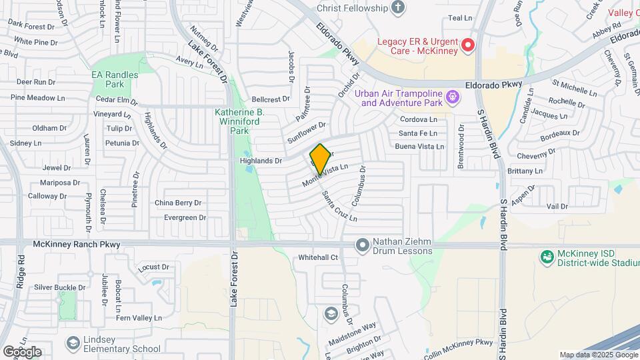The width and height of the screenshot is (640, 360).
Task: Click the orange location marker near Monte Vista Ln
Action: point(320,159)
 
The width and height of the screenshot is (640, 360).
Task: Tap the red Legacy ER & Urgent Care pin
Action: point(468,45)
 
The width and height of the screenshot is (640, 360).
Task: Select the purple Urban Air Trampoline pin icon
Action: point(453,98)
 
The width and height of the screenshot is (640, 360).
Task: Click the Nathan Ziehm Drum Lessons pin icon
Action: point(363,246)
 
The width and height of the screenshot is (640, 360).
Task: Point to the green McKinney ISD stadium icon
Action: point(547,257)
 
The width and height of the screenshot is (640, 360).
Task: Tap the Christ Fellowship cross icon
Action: point(398,8)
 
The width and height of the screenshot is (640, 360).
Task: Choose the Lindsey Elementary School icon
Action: point(73,343)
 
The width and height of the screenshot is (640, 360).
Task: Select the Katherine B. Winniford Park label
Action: point(240,122)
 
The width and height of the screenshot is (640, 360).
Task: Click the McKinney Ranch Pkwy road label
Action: point(77,245)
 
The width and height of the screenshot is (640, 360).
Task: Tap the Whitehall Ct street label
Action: point(319,257)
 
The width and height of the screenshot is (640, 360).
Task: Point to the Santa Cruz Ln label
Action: point(339,207)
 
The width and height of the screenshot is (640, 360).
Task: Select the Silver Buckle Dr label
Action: point(60,287)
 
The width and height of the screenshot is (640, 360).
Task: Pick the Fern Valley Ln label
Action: point(139,318)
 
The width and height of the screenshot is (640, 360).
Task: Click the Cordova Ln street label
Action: point(418,120)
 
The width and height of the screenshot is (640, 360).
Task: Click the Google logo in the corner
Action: point(21,351)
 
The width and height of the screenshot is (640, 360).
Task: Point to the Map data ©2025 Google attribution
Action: point(598,355)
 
